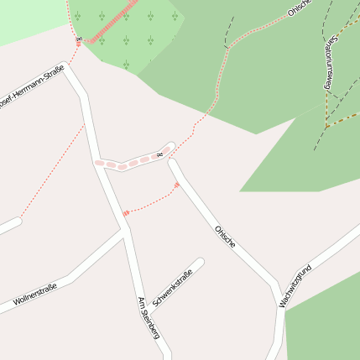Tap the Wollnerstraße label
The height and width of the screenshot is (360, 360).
(x=35, y=295)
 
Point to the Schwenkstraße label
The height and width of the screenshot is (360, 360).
(x=173, y=286)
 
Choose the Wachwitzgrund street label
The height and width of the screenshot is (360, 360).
(x=295, y=285)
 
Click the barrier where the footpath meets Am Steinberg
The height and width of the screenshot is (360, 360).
(x=126, y=213)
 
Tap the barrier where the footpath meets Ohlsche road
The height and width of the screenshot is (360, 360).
(x=176, y=185)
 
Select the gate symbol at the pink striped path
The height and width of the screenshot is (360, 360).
(x=78, y=39)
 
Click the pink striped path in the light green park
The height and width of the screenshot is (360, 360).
(x=109, y=25)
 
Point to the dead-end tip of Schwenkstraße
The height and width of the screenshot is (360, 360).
(x=200, y=262)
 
